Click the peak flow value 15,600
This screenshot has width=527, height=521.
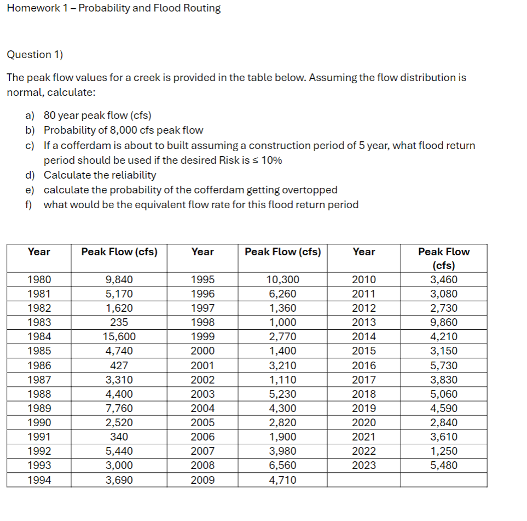coord(119,337)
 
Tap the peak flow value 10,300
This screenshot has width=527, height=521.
coord(282,280)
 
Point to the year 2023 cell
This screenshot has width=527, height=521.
coord(364,466)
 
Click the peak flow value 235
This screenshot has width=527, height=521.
coord(119,323)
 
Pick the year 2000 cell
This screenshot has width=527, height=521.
coord(202,351)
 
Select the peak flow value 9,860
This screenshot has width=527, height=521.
coord(444,323)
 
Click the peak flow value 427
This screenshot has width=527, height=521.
coord(119,365)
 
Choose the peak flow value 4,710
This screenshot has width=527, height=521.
coord(282,480)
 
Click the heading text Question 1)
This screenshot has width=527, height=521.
coord(34,54)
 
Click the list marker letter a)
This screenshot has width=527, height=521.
coord(30,116)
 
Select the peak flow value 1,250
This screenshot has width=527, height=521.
coord(444,451)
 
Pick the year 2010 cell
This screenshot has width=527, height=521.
coord(364,280)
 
